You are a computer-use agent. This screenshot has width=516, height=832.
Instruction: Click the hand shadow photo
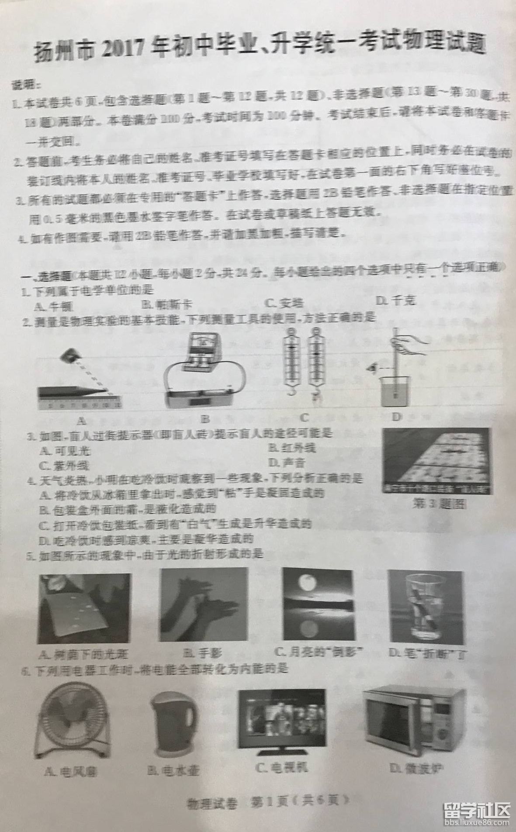[x=204, y=605]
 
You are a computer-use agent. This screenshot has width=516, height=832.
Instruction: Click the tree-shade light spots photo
[x=85, y=608]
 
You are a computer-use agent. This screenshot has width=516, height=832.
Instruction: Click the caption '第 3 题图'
[x=439, y=504]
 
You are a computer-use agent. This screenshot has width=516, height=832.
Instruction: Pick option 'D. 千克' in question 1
[x=396, y=300]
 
